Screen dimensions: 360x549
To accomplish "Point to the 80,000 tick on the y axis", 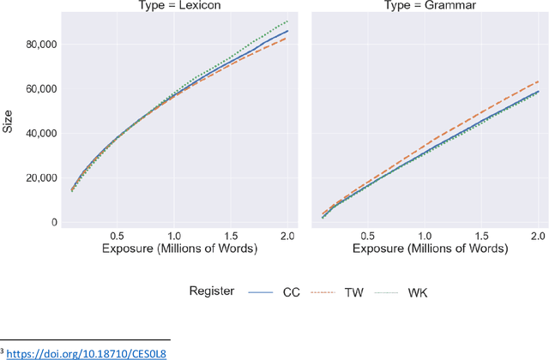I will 38,45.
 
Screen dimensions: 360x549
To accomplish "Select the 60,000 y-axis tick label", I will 38,89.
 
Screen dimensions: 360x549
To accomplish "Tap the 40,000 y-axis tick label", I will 38,134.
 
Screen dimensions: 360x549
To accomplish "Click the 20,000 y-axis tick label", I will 38,178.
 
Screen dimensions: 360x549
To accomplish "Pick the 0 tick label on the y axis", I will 53,223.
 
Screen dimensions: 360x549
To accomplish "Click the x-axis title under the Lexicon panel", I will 180,249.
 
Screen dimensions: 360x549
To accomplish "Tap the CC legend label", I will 290,292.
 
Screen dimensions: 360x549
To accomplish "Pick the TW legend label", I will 353,292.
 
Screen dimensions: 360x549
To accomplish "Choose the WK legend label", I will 418,292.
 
